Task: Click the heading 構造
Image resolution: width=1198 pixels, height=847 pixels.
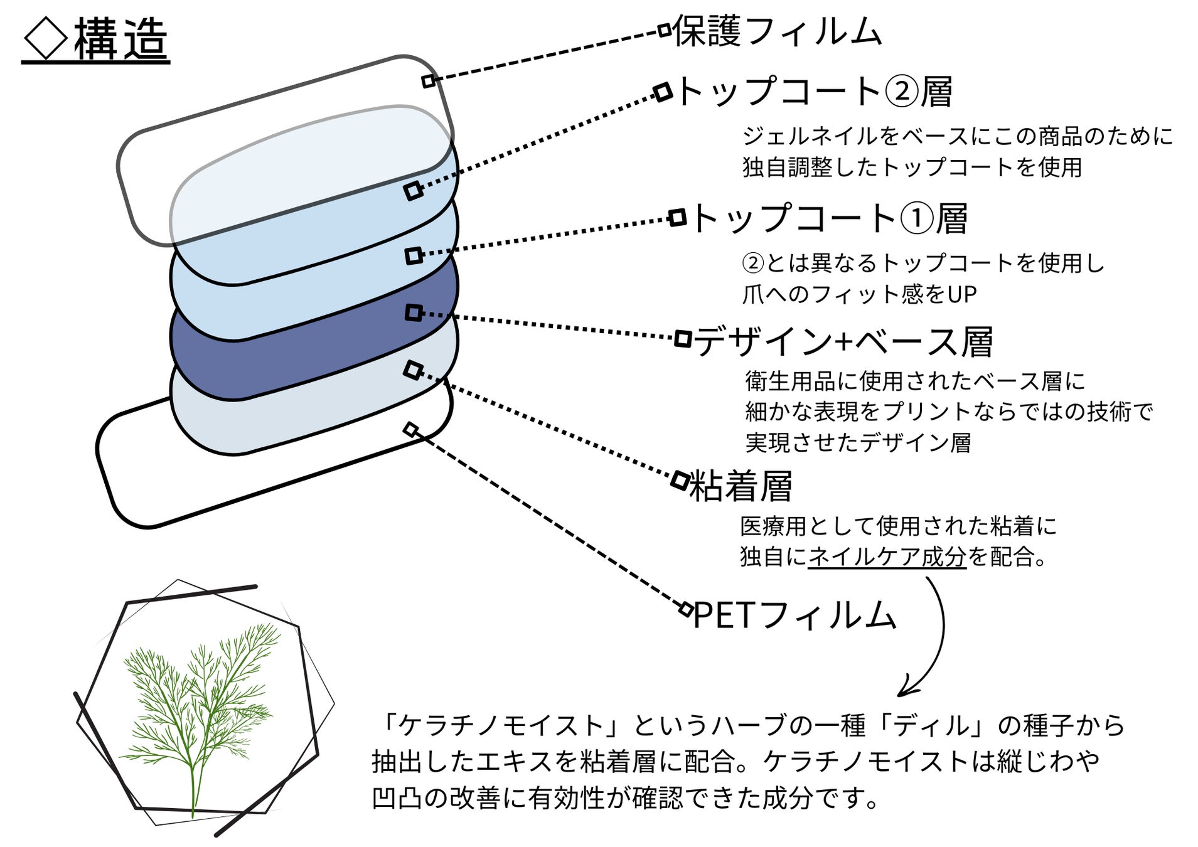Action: click(x=120, y=40)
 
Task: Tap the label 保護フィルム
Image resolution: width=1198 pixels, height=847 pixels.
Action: click(x=777, y=31)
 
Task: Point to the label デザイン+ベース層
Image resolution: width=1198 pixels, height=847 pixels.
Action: click(x=843, y=342)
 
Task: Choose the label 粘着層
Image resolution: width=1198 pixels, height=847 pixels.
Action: click(x=741, y=486)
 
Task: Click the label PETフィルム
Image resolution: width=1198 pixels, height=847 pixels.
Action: click(x=794, y=615)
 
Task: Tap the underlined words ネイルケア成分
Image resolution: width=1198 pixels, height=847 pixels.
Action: click(x=887, y=557)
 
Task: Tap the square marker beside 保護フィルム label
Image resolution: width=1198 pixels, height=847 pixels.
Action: click(x=665, y=30)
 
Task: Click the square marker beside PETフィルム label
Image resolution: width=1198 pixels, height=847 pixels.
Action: click(x=687, y=609)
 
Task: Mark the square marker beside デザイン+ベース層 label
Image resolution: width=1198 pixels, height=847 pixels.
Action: click(x=683, y=339)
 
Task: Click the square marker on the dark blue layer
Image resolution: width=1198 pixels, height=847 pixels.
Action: click(x=413, y=312)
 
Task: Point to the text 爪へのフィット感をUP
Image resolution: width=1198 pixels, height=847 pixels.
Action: click(x=859, y=294)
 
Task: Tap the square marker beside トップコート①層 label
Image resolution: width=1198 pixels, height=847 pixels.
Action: click(x=677, y=218)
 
